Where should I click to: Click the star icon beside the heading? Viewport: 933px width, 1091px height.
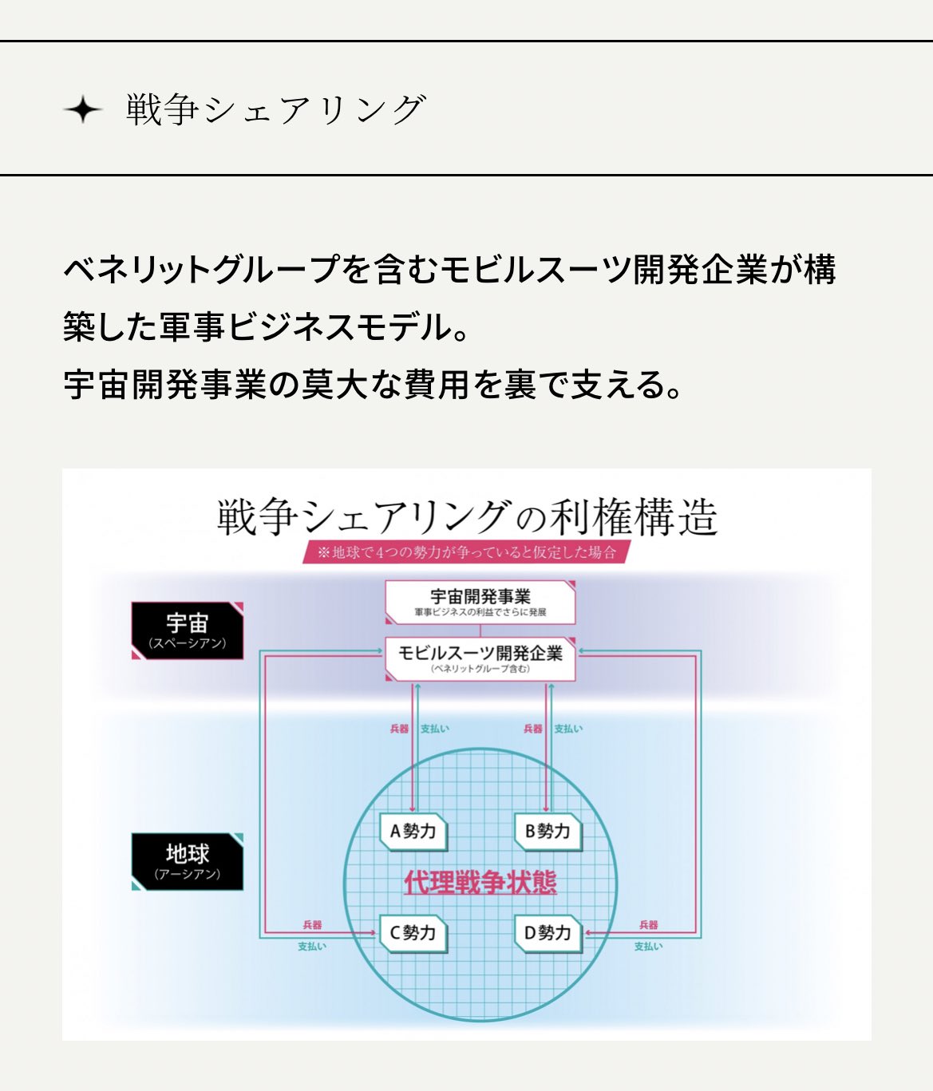pyautogui.click(x=83, y=109)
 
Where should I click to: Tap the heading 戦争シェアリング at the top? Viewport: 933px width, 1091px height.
pyautogui.click(x=275, y=109)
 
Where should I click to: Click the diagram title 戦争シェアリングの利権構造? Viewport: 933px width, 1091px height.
pyautogui.click(x=467, y=516)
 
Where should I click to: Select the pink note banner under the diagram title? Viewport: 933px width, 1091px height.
pyautogui.click(x=466, y=552)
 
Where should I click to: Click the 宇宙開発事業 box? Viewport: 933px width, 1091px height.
pyautogui.click(x=480, y=602)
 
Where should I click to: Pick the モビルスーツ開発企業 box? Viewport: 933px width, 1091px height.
pyautogui.click(x=480, y=658)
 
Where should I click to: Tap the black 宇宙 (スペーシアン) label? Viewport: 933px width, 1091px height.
pyautogui.click(x=188, y=630)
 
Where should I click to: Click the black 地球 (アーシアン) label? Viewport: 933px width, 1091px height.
pyautogui.click(x=188, y=861)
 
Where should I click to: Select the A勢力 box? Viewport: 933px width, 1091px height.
pyautogui.click(x=413, y=832)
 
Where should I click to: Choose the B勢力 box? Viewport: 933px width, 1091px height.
pyautogui.click(x=548, y=832)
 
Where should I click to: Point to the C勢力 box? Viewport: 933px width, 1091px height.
pyautogui.click(x=413, y=933)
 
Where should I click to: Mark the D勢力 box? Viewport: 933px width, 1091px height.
pyautogui.click(x=548, y=933)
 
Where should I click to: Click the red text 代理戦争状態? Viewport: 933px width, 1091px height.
pyautogui.click(x=480, y=883)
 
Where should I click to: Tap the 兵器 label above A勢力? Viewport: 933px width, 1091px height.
pyautogui.click(x=399, y=729)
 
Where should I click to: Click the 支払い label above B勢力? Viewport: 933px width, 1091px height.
pyautogui.click(x=568, y=729)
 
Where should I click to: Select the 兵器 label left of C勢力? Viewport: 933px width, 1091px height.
pyautogui.click(x=312, y=925)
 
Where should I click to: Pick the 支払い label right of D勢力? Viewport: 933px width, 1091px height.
pyautogui.click(x=648, y=947)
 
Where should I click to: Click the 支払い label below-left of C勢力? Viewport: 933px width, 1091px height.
pyautogui.click(x=312, y=947)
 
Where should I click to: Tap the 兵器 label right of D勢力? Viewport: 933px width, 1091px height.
pyautogui.click(x=648, y=925)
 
